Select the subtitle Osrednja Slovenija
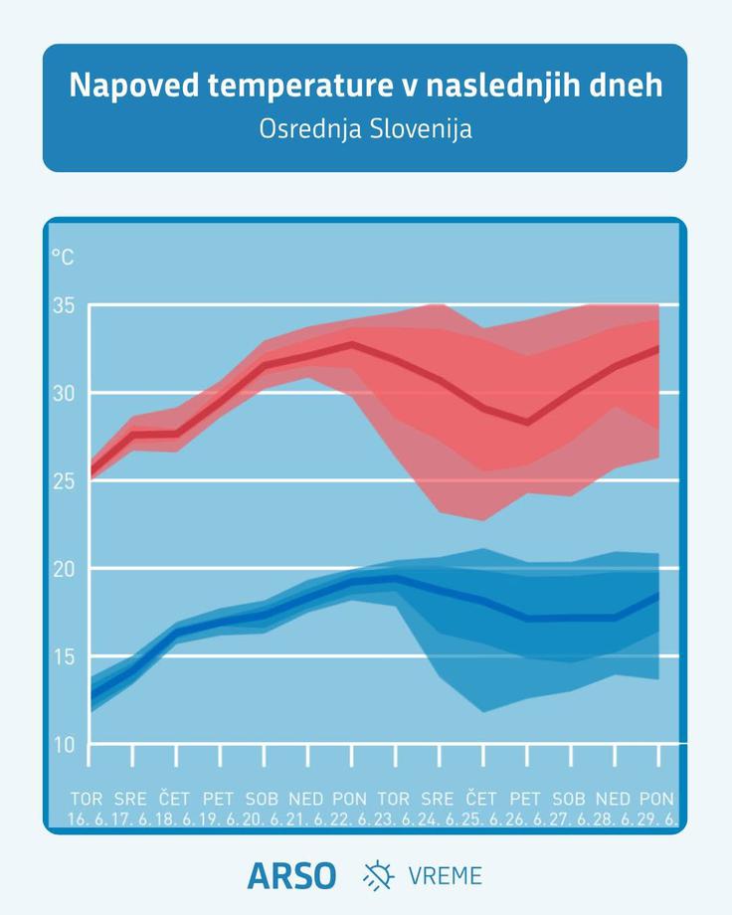click(x=365, y=129)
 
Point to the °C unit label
click(x=63, y=257)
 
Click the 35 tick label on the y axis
click(x=64, y=305)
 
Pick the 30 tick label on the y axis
click(x=64, y=393)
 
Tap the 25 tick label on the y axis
click(x=64, y=481)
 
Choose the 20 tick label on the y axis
click(x=64, y=569)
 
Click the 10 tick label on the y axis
click(x=64, y=745)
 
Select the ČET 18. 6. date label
click(x=174, y=809)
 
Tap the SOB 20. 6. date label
click(x=262, y=809)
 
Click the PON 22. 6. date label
click(x=350, y=809)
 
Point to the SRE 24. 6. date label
click(x=438, y=809)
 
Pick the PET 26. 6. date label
click(x=525, y=809)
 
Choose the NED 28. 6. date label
click(x=613, y=809)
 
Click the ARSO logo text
click(x=291, y=876)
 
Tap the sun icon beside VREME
click(x=378, y=875)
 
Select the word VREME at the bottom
click(x=446, y=876)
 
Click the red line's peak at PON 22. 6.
click(x=351, y=344)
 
